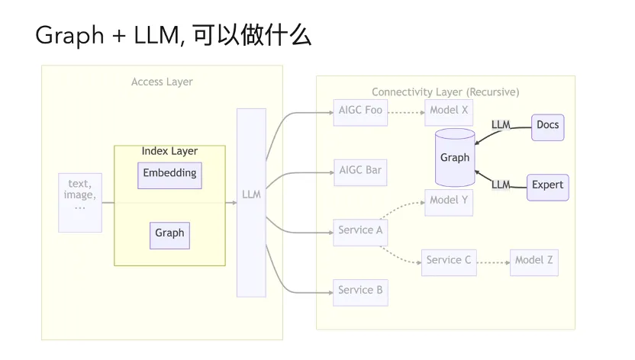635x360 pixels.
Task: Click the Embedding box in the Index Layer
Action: pyautogui.click(x=169, y=175)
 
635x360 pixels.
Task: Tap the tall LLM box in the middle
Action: pyautogui.click(x=251, y=202)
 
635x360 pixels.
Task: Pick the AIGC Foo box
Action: pyautogui.click(x=360, y=111)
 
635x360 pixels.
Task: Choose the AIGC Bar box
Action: pyautogui.click(x=360, y=172)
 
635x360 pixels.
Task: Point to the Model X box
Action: pyautogui.click(x=449, y=111)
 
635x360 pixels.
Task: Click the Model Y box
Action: pyautogui.click(x=449, y=202)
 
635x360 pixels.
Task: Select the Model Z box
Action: pyautogui.click(x=534, y=262)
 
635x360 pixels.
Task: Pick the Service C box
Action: pyautogui.click(x=449, y=262)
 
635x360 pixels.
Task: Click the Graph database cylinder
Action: pyautogui.click(x=455, y=158)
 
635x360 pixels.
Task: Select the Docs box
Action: pyautogui.click(x=547, y=126)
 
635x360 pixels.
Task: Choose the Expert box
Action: pyautogui.click(x=547, y=186)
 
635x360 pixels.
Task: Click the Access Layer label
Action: pyautogui.click(x=162, y=82)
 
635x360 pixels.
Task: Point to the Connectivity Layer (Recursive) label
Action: pyautogui.click(x=445, y=92)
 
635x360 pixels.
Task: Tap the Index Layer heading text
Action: pyautogui.click(x=169, y=152)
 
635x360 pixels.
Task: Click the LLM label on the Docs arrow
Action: pyautogui.click(x=501, y=124)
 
